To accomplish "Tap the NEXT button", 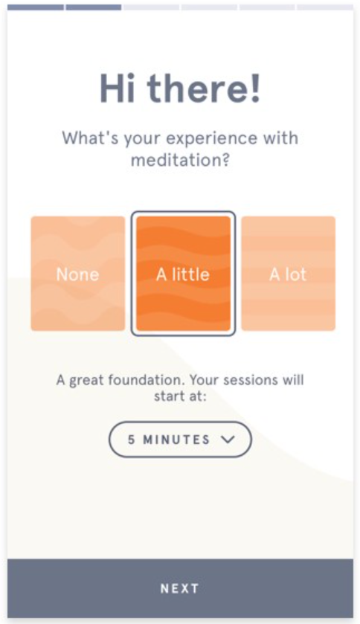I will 180,588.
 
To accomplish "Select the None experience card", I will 78,274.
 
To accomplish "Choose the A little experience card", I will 183,274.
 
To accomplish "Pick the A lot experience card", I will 288,274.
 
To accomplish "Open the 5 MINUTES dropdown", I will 180,440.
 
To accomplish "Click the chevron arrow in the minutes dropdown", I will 228,440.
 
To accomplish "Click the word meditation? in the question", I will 180,159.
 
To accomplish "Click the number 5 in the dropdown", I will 132,440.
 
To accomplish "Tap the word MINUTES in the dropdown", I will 177,440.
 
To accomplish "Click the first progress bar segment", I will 36,7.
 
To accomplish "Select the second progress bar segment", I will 93,7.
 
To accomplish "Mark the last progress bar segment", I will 324,7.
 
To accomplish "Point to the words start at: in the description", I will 180,396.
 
